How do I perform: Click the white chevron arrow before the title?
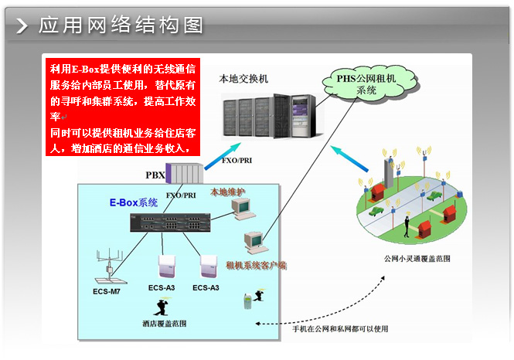(22, 25)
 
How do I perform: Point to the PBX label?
(155, 175)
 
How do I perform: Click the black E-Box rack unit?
(174, 222)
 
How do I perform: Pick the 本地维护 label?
(228, 191)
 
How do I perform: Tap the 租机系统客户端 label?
(256, 265)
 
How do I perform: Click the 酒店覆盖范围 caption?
(164, 321)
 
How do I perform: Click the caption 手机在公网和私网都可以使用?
(340, 328)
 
